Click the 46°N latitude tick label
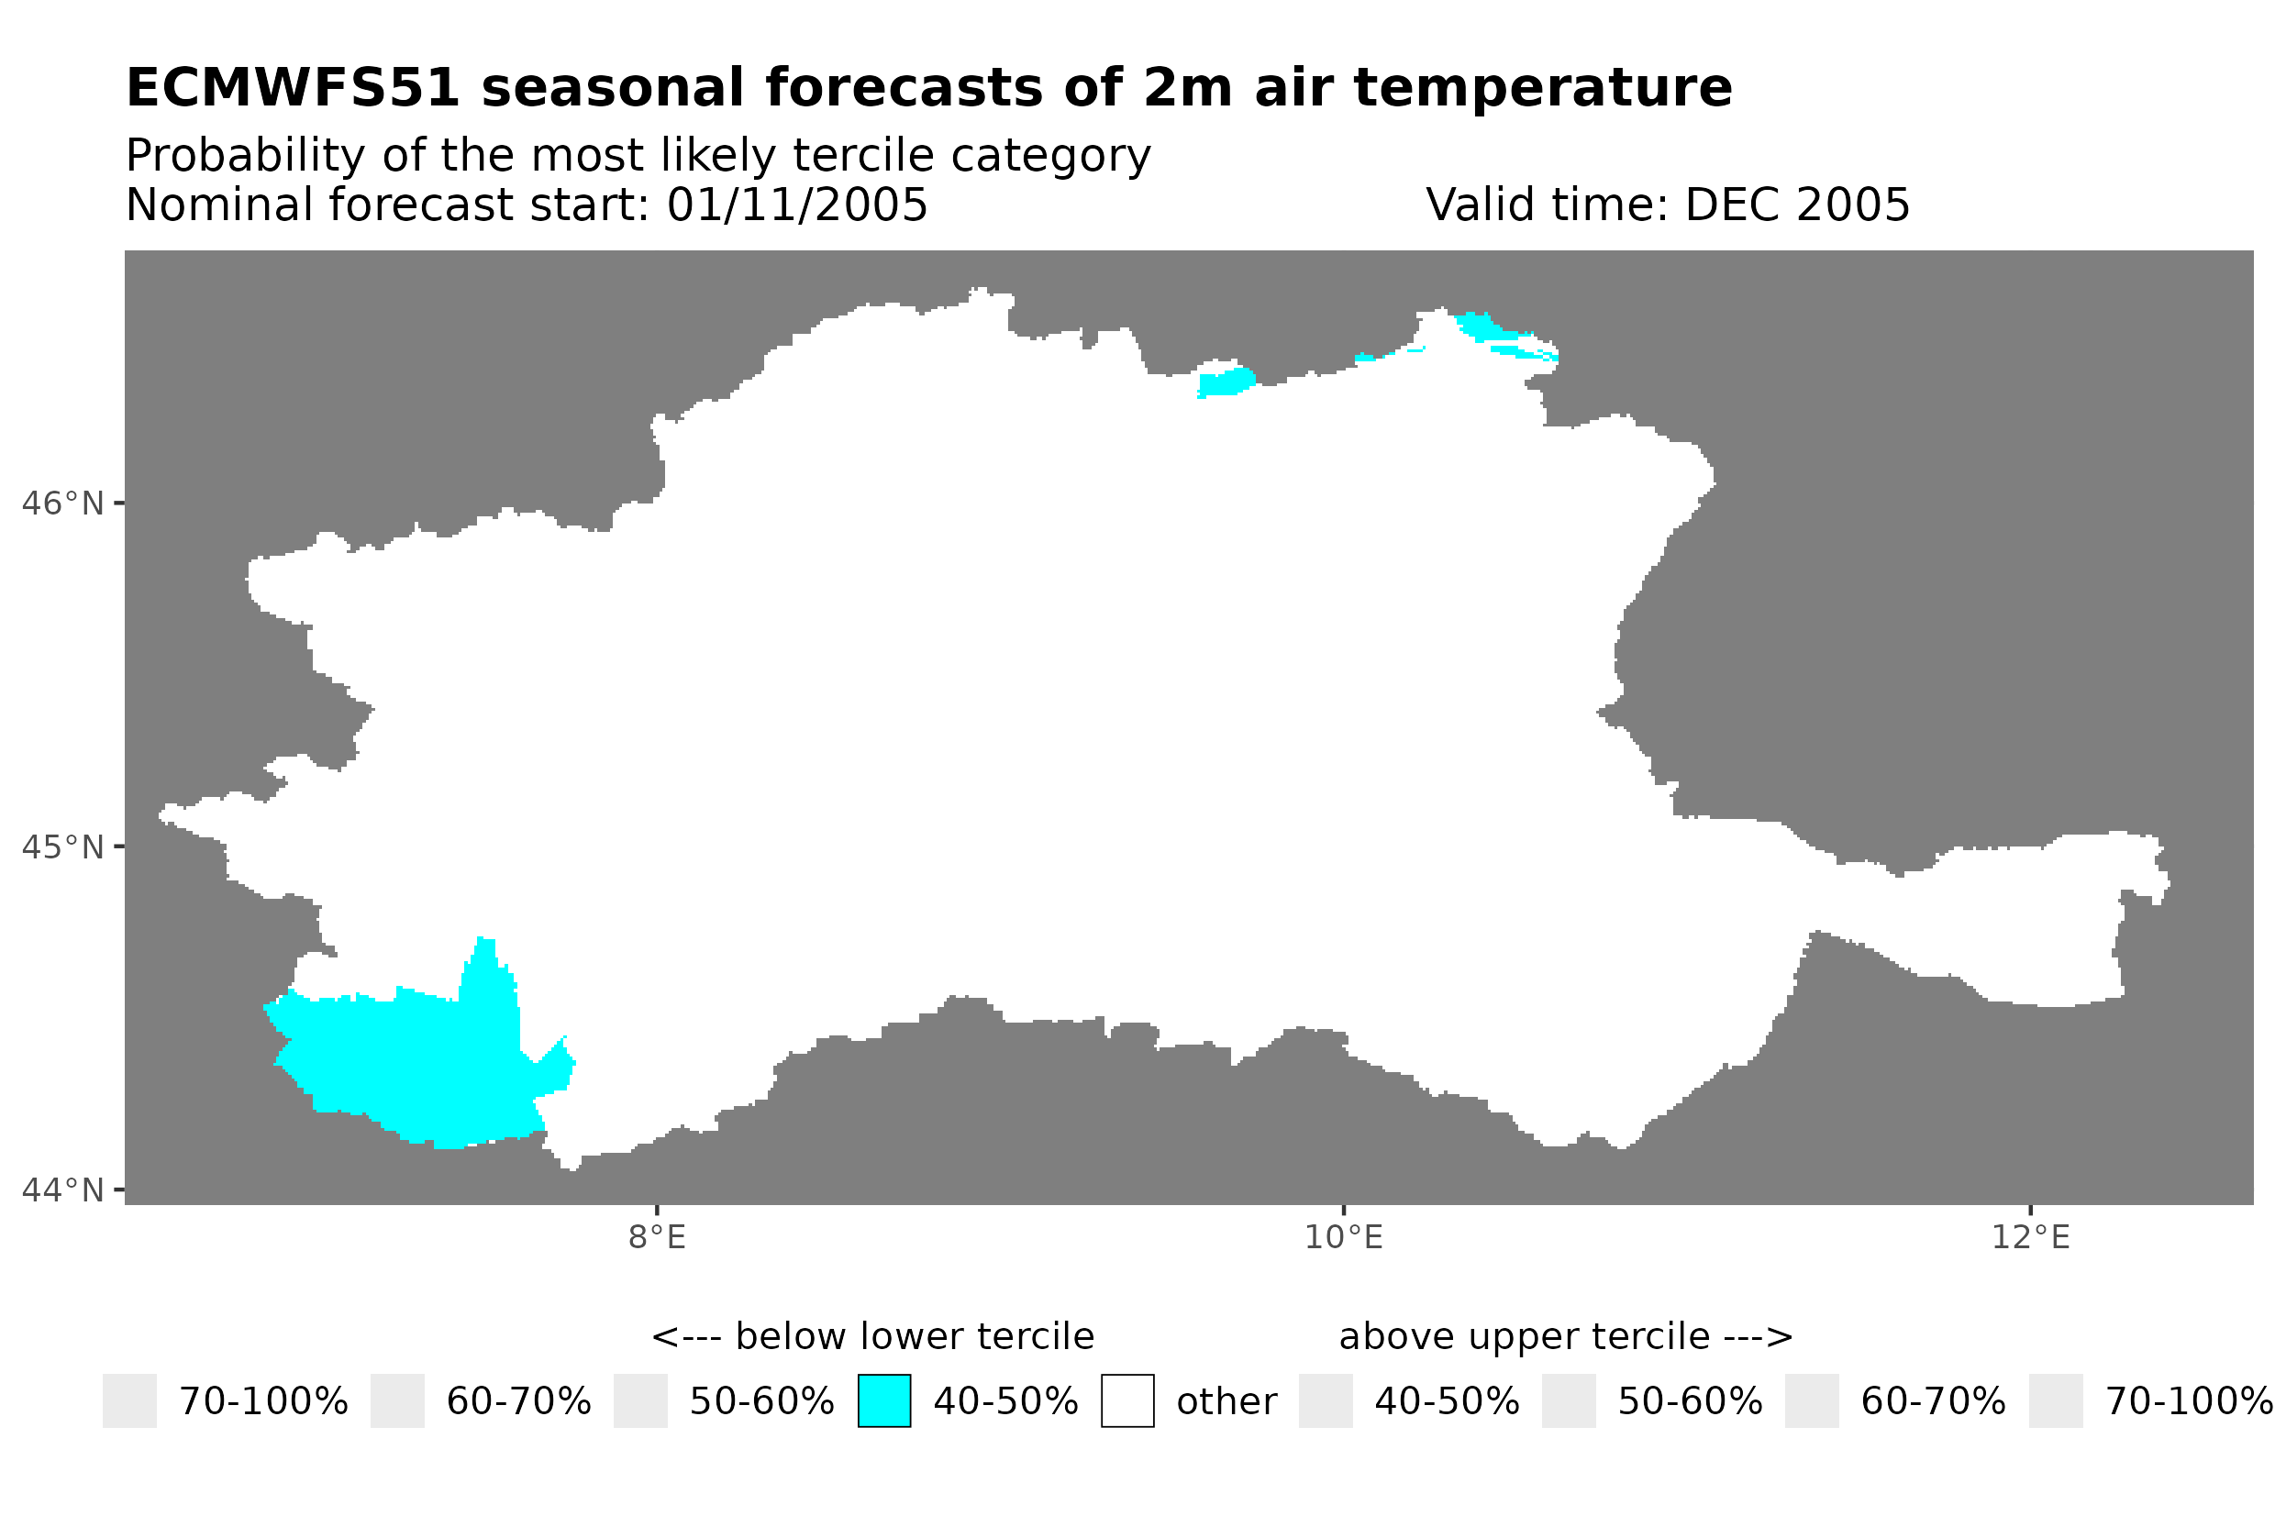pyautogui.click(x=61, y=503)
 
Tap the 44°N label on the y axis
pyautogui.click(x=61, y=1190)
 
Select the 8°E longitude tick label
pyautogui.click(x=657, y=1237)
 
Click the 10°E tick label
pyautogui.click(x=1343, y=1237)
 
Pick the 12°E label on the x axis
pyautogui.click(x=2029, y=1237)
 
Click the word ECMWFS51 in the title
pyautogui.click(x=292, y=88)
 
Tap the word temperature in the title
pyautogui.click(x=1542, y=88)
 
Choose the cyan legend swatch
pyautogui.click(x=883, y=1401)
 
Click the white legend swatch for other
pyautogui.click(x=1126, y=1401)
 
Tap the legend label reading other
pyautogui.click(x=1226, y=1401)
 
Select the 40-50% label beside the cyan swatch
pyautogui.click(x=1004, y=1401)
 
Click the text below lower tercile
pyautogui.click(x=873, y=1337)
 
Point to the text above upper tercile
pyautogui.click(x=1565, y=1337)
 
